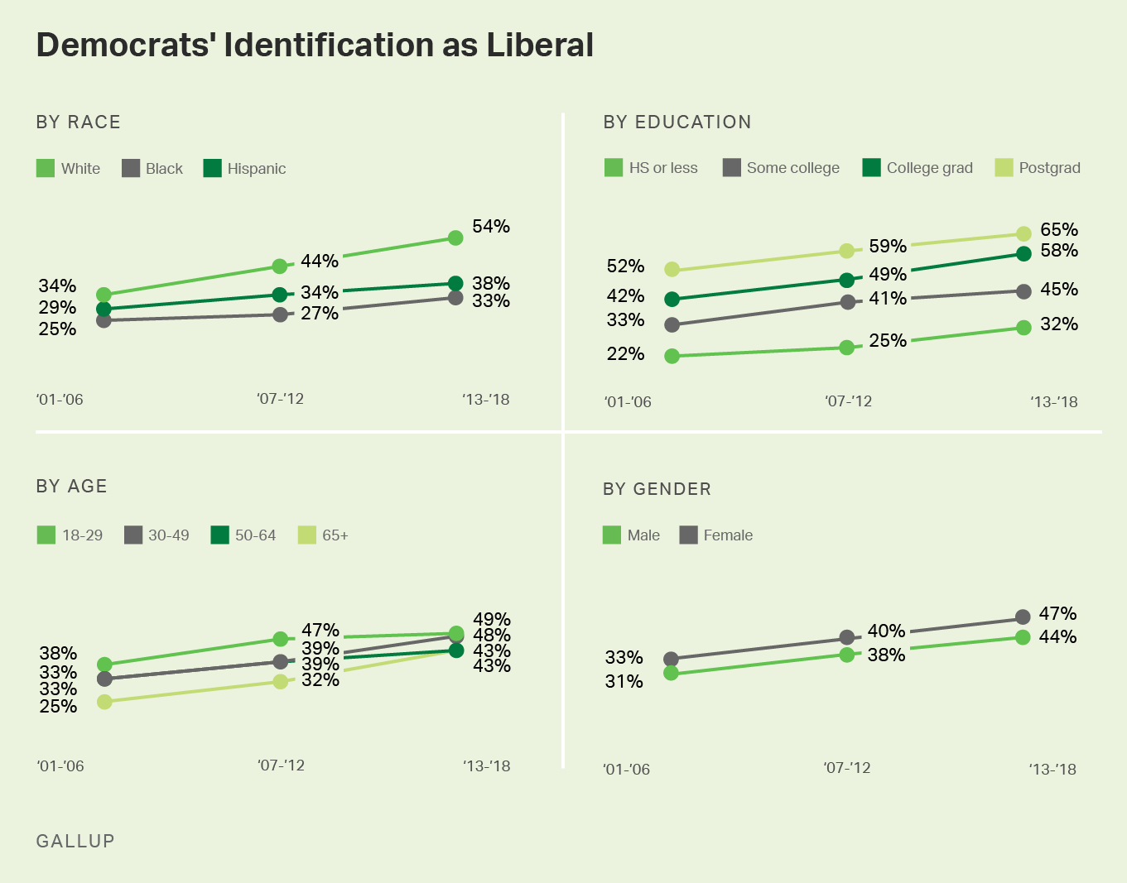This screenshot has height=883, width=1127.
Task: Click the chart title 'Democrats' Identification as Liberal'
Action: (x=315, y=46)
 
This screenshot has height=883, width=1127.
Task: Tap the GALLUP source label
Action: (x=75, y=841)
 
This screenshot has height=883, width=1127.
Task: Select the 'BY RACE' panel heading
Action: (x=79, y=122)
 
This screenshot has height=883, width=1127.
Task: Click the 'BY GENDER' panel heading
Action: (x=657, y=489)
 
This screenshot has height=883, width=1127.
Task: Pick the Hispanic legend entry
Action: (x=245, y=169)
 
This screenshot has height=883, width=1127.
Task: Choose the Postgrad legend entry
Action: (x=1038, y=168)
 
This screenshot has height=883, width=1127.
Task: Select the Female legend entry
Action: (x=716, y=535)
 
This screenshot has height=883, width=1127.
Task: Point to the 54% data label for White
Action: (x=491, y=227)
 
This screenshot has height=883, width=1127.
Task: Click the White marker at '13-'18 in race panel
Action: (x=455, y=238)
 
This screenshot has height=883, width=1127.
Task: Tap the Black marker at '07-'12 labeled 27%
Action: (x=281, y=314)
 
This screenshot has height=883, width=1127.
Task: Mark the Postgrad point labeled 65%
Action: (x=1023, y=234)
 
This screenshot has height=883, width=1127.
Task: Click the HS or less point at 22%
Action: (x=672, y=356)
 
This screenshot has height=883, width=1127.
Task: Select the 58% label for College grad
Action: (x=1059, y=251)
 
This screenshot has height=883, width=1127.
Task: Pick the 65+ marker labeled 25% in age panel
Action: (x=104, y=702)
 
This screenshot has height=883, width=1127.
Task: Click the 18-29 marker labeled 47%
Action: (x=281, y=639)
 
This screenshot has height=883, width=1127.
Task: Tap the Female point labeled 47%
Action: (x=1023, y=617)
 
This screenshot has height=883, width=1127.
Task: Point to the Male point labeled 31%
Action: (x=672, y=674)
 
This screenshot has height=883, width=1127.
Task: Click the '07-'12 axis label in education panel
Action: (x=848, y=401)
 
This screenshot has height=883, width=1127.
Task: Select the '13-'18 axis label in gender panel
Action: (x=1052, y=769)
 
